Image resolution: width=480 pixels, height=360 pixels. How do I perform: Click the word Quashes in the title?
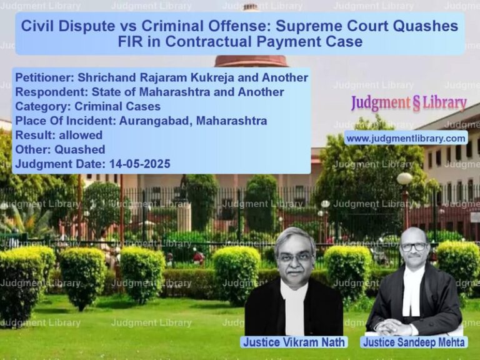point(426,26)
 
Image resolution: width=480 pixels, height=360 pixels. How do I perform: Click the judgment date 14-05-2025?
point(139,164)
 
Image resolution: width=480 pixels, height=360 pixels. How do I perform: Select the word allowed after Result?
point(81,135)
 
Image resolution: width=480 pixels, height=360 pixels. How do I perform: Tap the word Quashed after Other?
point(80,150)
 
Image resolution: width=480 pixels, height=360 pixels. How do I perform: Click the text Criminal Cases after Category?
point(117,106)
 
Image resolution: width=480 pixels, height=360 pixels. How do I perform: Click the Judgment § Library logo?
point(409,103)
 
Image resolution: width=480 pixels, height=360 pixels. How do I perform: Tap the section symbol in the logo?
point(416,104)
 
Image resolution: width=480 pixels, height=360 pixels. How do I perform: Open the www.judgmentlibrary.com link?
point(406,139)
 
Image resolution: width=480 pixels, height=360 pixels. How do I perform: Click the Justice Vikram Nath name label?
point(294,342)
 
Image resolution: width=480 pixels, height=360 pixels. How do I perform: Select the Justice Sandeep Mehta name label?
point(414,342)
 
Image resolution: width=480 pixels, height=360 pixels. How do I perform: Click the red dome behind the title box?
point(251,61)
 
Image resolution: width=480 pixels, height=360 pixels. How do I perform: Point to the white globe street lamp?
point(405,179)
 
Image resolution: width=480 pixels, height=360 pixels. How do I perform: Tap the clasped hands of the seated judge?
point(392,327)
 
